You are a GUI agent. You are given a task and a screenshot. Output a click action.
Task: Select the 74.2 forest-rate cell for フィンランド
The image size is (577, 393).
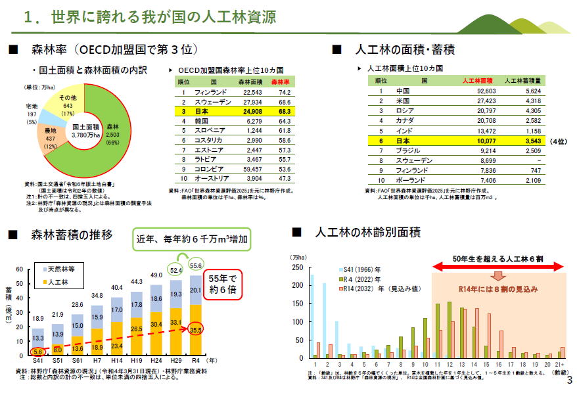point(285,92)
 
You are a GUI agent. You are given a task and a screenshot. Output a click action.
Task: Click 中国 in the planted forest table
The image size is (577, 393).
point(404,91)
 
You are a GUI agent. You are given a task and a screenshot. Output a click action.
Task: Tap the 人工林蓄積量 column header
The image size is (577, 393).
point(523,80)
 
